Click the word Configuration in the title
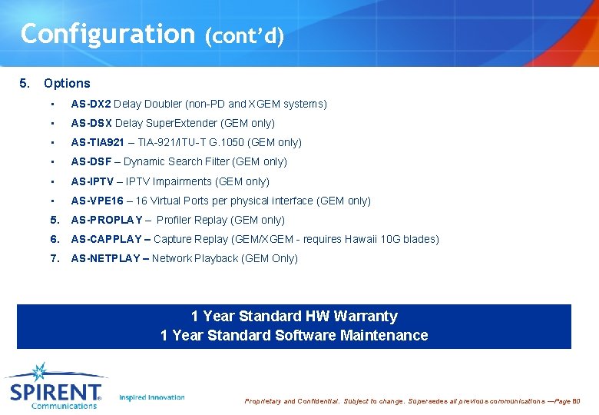click(x=108, y=34)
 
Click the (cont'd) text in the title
click(x=244, y=36)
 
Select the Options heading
click(x=67, y=83)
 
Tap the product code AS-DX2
click(x=91, y=104)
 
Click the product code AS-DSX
click(x=91, y=123)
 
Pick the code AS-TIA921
click(x=98, y=142)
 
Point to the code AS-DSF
click(x=91, y=161)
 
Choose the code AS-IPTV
click(x=92, y=181)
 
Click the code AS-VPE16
click(x=97, y=201)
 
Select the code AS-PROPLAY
click(x=106, y=220)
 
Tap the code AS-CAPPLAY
click(x=106, y=239)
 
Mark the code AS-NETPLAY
click(x=105, y=258)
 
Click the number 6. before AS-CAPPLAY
click(x=55, y=239)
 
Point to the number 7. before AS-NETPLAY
click(x=55, y=258)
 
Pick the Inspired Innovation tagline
click(x=152, y=397)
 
